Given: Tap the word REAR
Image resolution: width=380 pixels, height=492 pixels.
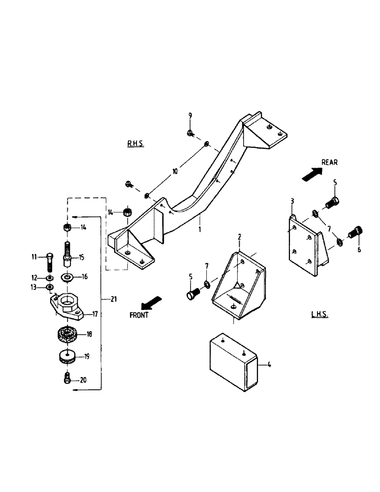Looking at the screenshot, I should click(x=329, y=162).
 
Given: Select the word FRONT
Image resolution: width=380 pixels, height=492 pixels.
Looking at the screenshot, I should click(x=139, y=315).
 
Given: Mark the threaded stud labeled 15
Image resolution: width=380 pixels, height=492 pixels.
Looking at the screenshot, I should click(x=67, y=254).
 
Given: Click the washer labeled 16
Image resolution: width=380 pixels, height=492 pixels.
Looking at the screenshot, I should click(x=67, y=277).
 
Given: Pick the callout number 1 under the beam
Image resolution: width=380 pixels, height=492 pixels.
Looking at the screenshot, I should click(x=200, y=229).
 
